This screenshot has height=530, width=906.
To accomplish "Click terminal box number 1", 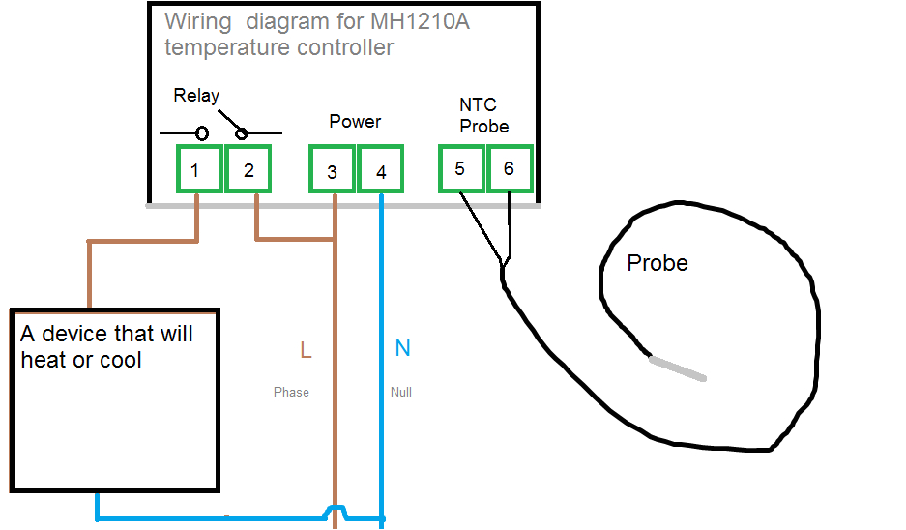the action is (199, 168).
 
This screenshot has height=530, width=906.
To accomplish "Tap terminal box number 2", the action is (248, 168).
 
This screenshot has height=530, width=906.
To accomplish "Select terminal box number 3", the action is (332, 168).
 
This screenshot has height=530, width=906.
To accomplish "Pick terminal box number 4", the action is (380, 168).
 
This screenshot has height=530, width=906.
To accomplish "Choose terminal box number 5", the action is (461, 168).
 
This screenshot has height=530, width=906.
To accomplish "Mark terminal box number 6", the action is (510, 168).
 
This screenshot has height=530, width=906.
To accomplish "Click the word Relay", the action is (196, 96).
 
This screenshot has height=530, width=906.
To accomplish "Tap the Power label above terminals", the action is (355, 121).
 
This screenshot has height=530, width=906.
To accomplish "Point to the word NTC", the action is (478, 104).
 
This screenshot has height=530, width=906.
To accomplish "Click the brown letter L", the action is (306, 350).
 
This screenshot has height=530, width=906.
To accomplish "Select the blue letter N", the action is (403, 348).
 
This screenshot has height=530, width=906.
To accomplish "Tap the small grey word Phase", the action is (291, 392).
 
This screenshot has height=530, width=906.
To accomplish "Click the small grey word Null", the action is (401, 392).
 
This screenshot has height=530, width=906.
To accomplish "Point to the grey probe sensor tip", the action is (678, 368).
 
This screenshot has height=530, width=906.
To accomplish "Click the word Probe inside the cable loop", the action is (658, 263).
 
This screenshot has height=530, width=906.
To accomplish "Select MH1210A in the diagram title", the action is (420, 22).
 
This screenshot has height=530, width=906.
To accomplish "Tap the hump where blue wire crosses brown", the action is (335, 512).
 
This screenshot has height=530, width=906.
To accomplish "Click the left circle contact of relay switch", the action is (202, 133).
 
